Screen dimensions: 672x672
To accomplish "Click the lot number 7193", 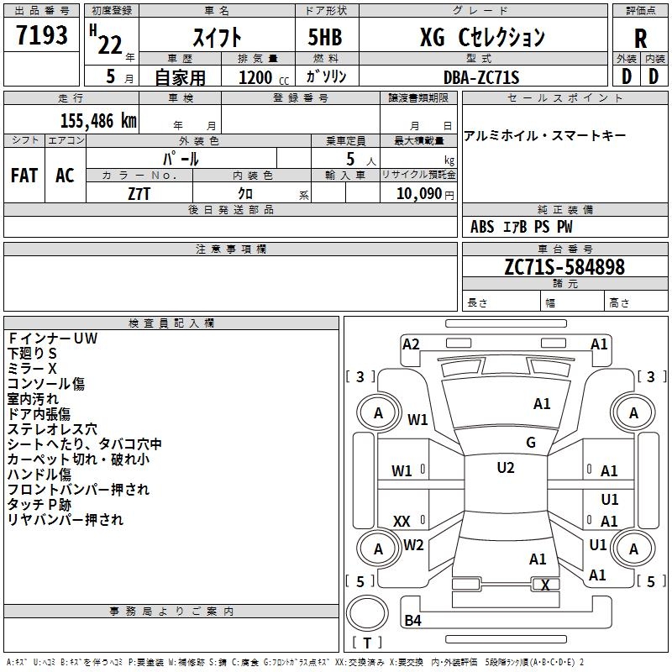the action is click(x=42, y=34).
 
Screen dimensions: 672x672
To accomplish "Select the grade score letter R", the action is click(x=640, y=39).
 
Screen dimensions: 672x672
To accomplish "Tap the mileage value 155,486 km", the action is click(x=98, y=121).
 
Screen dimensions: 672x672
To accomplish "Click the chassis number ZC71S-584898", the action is click(x=564, y=266).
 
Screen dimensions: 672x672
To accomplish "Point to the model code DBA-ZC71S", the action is click(x=481, y=77).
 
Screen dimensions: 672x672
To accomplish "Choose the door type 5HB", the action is click(x=325, y=37).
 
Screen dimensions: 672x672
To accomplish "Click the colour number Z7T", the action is click(x=139, y=194).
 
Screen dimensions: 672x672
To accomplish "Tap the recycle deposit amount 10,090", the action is click(x=419, y=194).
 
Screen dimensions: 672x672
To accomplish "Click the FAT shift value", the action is click(x=24, y=176).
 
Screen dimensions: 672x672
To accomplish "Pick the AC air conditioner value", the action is click(x=65, y=176).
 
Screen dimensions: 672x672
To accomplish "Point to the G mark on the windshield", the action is click(x=531, y=443).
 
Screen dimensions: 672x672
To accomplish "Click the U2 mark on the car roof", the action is click(x=506, y=468).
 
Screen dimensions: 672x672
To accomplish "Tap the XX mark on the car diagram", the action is click(x=402, y=522).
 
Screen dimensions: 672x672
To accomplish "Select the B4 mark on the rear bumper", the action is click(x=412, y=620).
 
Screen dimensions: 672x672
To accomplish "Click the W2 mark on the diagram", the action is click(x=413, y=544).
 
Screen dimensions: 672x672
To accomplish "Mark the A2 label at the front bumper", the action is click(x=411, y=344).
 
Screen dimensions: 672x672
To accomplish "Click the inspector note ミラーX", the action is click(x=32, y=368).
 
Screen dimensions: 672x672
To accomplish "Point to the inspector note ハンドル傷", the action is click(x=39, y=474).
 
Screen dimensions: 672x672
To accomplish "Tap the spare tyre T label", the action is click(x=367, y=643).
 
